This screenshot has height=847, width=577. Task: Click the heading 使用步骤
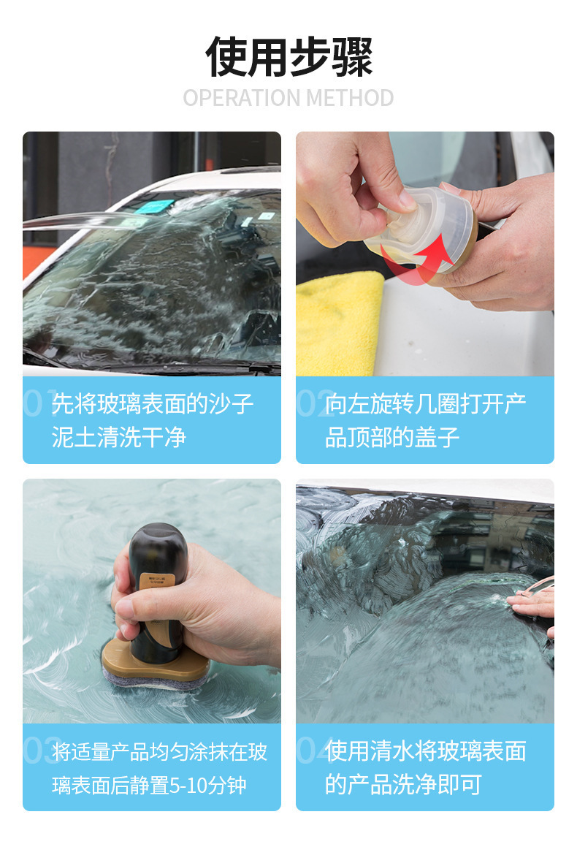(x=288, y=57)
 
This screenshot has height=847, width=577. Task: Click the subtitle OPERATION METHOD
(x=288, y=99)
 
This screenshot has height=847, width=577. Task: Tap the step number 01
(x=39, y=403)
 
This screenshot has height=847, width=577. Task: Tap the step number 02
(x=313, y=403)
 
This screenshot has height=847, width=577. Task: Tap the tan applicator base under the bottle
(x=156, y=662)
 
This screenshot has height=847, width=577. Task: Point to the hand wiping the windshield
(x=534, y=604)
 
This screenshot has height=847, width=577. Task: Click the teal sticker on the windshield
(x=153, y=206)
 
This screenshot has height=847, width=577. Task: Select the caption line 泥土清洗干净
(x=119, y=437)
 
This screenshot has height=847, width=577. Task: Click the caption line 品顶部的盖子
(x=392, y=437)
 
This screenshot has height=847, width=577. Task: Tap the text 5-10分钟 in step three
(x=208, y=785)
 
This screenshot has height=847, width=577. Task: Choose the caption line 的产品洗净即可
(x=403, y=784)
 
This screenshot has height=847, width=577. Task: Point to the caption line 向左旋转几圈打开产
(x=425, y=403)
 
